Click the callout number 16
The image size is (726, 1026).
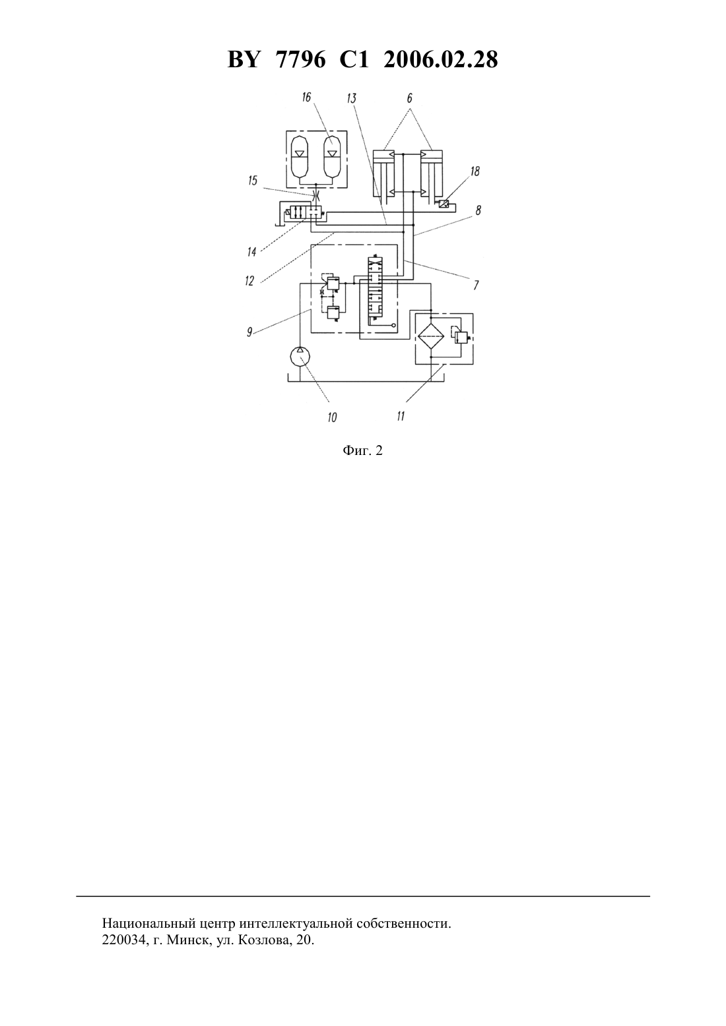306,97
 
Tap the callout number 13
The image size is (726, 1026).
352,98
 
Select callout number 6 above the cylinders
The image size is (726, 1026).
409,98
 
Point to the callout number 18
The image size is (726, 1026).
475,171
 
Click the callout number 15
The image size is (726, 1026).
253,181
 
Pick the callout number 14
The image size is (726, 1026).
251,251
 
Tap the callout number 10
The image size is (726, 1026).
332,417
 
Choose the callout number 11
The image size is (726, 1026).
401,416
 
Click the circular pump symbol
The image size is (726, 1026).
300,355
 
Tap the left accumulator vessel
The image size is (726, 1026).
300,157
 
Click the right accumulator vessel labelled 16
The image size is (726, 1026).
332,157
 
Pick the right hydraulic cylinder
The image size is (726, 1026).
431,173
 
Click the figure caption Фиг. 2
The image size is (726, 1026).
362,451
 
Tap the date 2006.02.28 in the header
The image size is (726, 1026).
440,60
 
